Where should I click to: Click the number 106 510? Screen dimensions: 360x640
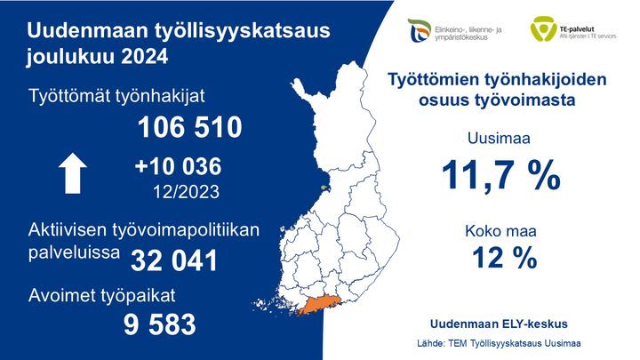[189, 128]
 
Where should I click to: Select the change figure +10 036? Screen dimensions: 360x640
[177, 167]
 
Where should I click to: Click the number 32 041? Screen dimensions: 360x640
[174, 260]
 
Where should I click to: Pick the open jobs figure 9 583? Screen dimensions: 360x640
[159, 324]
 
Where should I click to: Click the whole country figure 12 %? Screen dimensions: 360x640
[500, 259]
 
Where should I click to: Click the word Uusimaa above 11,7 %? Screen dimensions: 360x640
[500, 138]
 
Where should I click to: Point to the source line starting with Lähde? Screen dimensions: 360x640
[499, 342]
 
